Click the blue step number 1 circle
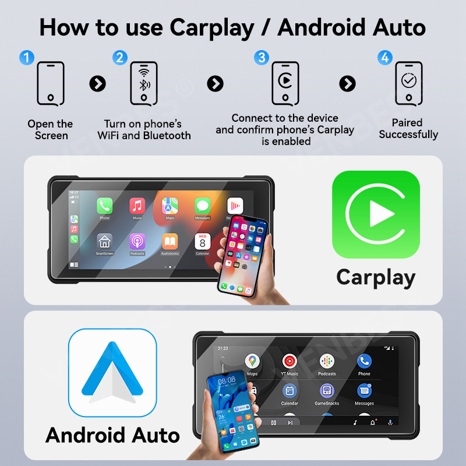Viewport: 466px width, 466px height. pyautogui.click(x=27, y=58)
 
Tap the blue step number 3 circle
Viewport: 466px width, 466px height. pyautogui.click(x=262, y=57)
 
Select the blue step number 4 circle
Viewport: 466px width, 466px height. pyautogui.click(x=384, y=57)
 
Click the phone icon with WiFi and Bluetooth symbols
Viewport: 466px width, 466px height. pyautogui.click(x=144, y=83)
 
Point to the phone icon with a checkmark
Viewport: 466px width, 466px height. pyautogui.click(x=409, y=83)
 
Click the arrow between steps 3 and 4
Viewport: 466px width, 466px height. pyautogui.click(x=347, y=83)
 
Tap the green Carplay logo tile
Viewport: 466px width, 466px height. pyautogui.click(x=376, y=215)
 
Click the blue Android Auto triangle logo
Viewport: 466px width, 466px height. pyautogui.click(x=112, y=373)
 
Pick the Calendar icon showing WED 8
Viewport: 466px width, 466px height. pyautogui.click(x=202, y=241)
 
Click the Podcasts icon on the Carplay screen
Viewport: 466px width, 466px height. pyautogui.click(x=137, y=241)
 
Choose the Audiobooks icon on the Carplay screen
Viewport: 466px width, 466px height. pyautogui.click(x=170, y=241)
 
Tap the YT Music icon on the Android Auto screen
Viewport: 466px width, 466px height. pyautogui.click(x=290, y=362)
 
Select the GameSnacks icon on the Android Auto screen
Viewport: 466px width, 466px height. pyautogui.click(x=327, y=391)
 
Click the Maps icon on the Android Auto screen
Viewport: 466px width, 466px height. pyautogui.click(x=252, y=362)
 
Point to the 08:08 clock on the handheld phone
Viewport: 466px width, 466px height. pyautogui.click(x=227, y=380)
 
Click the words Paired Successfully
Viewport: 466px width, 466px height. pyautogui.click(x=408, y=129)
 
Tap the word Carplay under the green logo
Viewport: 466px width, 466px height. pyautogui.click(x=376, y=277)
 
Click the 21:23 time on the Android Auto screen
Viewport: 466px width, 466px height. pyautogui.click(x=223, y=348)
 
